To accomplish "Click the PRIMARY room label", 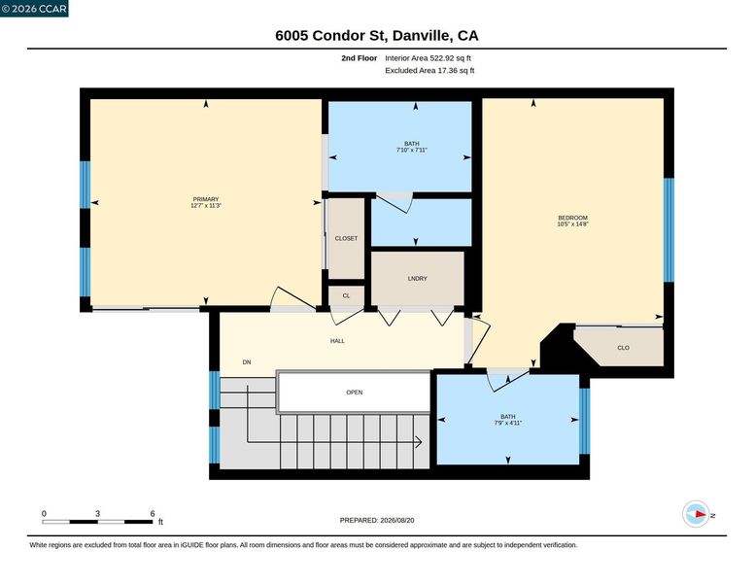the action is point(206,199).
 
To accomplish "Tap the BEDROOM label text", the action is point(572,218).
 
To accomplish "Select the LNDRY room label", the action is point(418,279).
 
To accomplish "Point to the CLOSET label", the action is point(346,239).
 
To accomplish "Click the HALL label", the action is point(337,341).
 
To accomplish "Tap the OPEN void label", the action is point(355,393).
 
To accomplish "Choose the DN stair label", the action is point(247,362).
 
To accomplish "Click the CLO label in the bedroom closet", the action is point(623,348).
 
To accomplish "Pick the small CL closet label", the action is point(346,295).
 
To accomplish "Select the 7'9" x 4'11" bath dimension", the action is point(508,424).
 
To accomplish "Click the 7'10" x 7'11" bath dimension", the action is point(412,150).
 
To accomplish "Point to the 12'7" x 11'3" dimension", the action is point(206,205).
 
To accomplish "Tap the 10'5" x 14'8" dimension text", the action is point(572,224).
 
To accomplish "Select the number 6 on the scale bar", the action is point(153,513).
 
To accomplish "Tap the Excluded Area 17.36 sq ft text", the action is point(429,70).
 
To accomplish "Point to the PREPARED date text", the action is point(377,520).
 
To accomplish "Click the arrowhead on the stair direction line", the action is point(419,441).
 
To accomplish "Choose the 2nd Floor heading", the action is point(360,58).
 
